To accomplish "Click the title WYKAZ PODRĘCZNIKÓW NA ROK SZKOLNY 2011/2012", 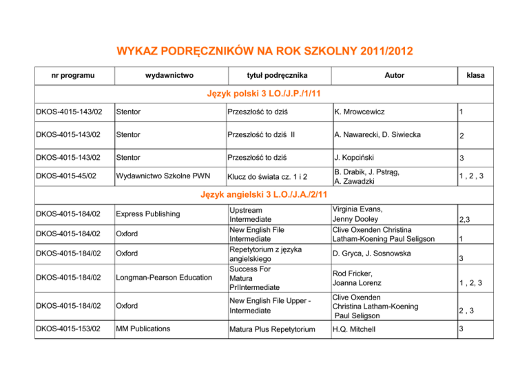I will [264, 51].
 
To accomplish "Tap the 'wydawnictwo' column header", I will [170, 74].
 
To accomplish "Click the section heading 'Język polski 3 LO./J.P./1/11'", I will [264, 93].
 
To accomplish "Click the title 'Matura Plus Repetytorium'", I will [272, 329].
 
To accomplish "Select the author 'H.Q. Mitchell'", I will [358, 329].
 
